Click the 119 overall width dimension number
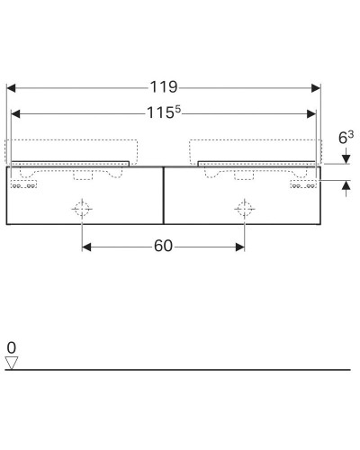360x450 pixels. coord(164,87)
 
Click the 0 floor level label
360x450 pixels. coord(11,347)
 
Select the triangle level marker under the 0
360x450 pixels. coord(12,363)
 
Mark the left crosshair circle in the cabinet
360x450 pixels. coord(82,208)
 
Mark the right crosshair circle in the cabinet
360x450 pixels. coord(244,208)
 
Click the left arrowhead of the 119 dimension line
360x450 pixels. coord(12,88)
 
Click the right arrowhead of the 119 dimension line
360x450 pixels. coord(315,88)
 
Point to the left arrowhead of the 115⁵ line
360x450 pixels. coord(17,114)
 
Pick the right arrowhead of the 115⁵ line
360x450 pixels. coord(311,114)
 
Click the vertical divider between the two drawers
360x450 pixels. coord(163,194)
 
